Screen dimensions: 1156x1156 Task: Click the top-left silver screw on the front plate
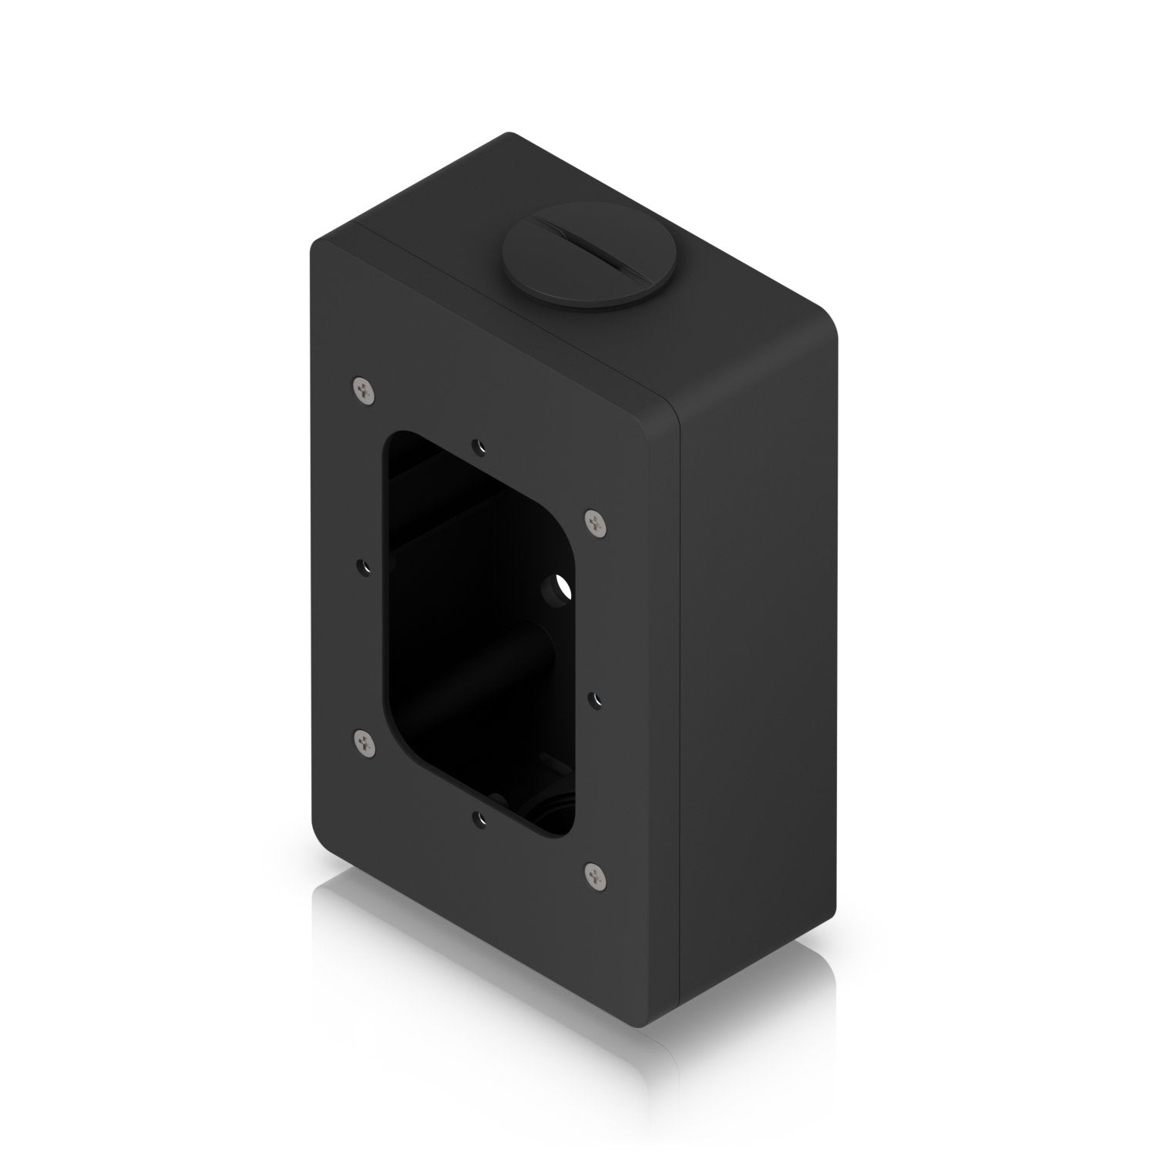coord(365,391)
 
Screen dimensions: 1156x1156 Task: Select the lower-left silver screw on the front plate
coord(363,741)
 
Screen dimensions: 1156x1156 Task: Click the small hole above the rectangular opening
coord(481,445)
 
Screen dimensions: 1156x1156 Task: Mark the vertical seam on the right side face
coord(677,694)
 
